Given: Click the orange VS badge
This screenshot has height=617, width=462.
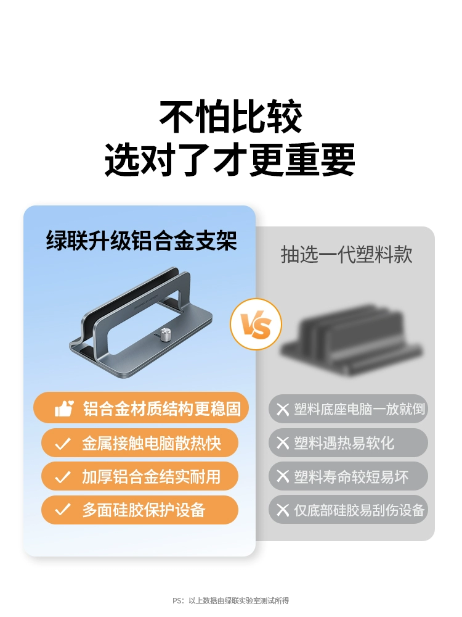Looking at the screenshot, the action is tap(256, 325).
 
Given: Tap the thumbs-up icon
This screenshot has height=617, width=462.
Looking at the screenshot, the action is tap(64, 408).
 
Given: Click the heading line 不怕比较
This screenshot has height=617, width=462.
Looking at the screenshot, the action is tap(231, 117).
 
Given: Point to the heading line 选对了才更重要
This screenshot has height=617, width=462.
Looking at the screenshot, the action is tap(230, 159).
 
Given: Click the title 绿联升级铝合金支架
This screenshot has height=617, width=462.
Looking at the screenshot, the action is tap(142, 241).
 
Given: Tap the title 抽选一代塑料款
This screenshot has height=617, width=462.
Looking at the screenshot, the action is tap(346, 254).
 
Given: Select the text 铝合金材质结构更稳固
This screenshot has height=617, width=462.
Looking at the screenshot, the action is tap(162, 409).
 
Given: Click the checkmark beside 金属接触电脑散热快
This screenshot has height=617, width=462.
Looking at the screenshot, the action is tap(62, 444).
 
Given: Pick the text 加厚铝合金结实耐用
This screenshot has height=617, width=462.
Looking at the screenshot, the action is tap(152, 477).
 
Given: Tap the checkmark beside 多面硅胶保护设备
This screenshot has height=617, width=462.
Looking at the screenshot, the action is tap(62, 510).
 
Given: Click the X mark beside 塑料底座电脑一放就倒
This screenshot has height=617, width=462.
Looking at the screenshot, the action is tap(283, 409).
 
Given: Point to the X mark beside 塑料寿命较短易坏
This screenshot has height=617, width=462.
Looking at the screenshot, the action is tap(283, 476).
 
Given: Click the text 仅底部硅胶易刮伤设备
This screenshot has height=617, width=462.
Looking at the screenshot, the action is tap(360, 510).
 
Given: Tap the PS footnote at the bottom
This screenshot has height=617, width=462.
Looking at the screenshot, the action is tap(231, 601).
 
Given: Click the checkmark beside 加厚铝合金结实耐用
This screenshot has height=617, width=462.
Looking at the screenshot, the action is tap(62, 477).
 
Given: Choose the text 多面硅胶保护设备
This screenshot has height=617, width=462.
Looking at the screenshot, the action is tap(144, 510).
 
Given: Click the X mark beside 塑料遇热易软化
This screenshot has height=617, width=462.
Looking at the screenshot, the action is tap(283, 443).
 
